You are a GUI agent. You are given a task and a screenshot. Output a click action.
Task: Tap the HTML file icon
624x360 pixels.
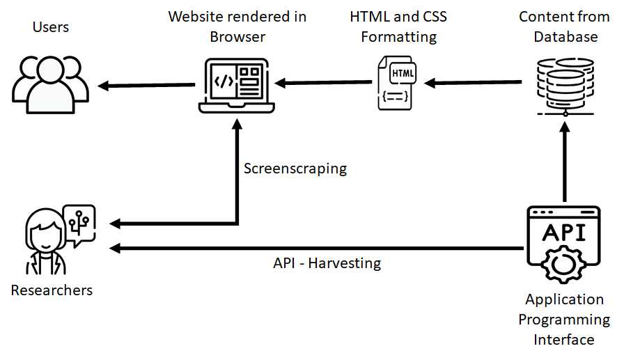pyautogui.click(x=395, y=82)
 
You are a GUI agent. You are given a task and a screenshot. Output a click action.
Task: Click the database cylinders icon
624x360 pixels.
pyautogui.click(x=565, y=85)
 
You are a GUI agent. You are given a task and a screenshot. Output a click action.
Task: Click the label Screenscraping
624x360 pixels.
pyautogui.click(x=295, y=169)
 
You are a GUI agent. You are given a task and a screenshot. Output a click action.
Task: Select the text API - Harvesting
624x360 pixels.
pyautogui.click(x=327, y=263)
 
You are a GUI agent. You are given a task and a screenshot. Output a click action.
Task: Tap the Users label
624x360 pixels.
pyautogui.click(x=51, y=27)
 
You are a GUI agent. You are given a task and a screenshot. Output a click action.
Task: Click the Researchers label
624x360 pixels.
pyautogui.click(x=52, y=290)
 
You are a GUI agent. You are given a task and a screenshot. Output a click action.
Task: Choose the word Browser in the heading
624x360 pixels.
pyautogui.click(x=237, y=37)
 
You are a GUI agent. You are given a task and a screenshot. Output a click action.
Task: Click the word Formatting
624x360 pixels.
pyautogui.click(x=398, y=37)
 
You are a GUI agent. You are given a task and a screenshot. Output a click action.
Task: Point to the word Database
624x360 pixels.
pyautogui.click(x=565, y=37)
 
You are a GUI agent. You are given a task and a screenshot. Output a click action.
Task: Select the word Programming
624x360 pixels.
pyautogui.click(x=564, y=320)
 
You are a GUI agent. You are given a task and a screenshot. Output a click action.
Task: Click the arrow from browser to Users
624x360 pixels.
pyautogui.click(x=146, y=86)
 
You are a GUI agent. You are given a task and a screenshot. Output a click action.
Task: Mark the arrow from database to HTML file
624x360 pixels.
pyautogui.click(x=474, y=83)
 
